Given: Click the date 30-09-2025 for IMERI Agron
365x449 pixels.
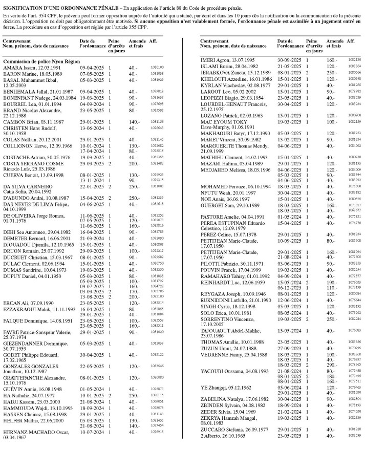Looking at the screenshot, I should click(287, 60).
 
